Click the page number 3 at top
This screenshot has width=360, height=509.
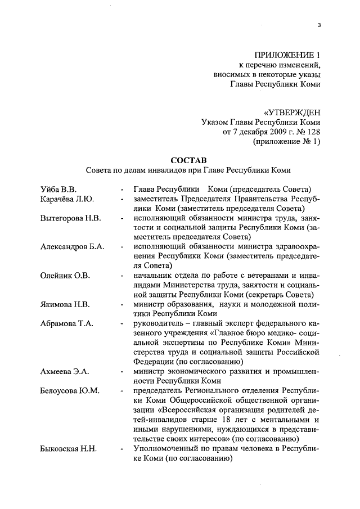pos(319,25)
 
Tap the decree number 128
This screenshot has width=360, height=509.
pos(313,132)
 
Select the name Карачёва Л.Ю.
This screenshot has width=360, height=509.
pos(67,199)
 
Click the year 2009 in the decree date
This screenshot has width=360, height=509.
pos(273,132)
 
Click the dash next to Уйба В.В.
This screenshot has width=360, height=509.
pos(121,190)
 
